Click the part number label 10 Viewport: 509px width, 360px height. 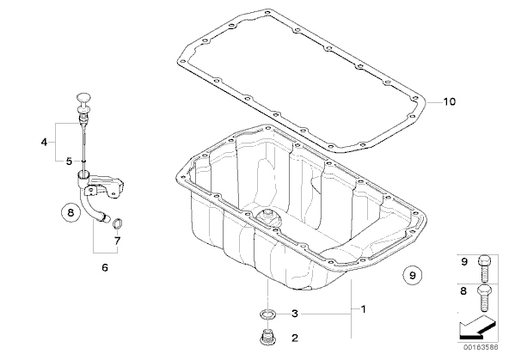(x=450, y=102)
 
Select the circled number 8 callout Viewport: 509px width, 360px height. (x=71, y=213)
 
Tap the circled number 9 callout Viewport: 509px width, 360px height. (x=412, y=275)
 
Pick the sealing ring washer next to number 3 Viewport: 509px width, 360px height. (x=267, y=314)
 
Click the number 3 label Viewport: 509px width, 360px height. (x=294, y=314)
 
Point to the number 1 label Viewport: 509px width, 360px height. (x=364, y=309)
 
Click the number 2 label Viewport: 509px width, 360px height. (x=294, y=338)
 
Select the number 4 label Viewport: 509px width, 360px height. (x=44, y=142)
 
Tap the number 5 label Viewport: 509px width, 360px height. (x=69, y=162)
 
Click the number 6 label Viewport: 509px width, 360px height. (x=105, y=267)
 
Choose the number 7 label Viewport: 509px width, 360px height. (x=117, y=241)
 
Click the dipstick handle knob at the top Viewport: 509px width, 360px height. (x=83, y=97)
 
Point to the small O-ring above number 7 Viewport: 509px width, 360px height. (x=117, y=223)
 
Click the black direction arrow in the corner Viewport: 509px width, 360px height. (x=477, y=328)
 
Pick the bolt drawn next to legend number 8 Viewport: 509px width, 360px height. (x=484, y=297)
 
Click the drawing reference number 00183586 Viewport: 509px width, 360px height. (x=481, y=347)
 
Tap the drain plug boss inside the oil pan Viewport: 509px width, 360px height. (x=268, y=217)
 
